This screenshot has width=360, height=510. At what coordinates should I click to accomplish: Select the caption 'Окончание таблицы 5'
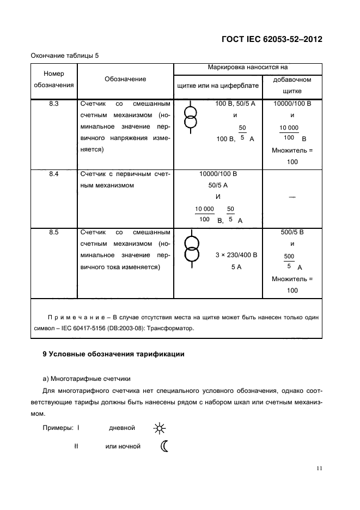pyautogui.click(x=64, y=56)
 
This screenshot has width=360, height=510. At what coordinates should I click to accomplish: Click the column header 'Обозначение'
pyautogui.click(x=125, y=79)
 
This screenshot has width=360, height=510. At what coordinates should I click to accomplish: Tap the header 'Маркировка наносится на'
pyautogui.click(x=247, y=68)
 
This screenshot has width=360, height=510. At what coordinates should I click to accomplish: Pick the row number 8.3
pyautogui.click(x=54, y=103)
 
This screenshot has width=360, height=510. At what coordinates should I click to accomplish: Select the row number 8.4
pyautogui.click(x=54, y=174)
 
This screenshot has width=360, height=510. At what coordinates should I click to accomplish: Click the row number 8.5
pyautogui.click(x=54, y=232)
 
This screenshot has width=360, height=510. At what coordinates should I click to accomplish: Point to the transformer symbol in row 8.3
pyautogui.click(x=191, y=116)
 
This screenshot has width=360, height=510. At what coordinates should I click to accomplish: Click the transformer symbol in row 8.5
pyautogui.click(x=191, y=249)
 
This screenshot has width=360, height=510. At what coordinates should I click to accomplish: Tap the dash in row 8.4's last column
pyautogui.click(x=292, y=197)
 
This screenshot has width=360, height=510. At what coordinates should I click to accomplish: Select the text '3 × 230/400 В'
pyautogui.click(x=236, y=255)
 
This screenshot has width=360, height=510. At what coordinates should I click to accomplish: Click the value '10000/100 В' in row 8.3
pyautogui.click(x=292, y=103)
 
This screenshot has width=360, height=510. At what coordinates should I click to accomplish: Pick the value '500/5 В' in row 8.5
pyautogui.click(x=292, y=232)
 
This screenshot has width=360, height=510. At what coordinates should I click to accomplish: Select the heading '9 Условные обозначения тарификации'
pyautogui.click(x=113, y=354)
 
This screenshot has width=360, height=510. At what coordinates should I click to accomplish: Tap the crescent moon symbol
pyautogui.click(x=164, y=446)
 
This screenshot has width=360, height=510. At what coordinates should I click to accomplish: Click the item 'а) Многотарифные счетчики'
pyautogui.click(x=87, y=378)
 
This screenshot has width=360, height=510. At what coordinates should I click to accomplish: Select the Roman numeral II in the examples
pyautogui.click(x=76, y=446)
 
